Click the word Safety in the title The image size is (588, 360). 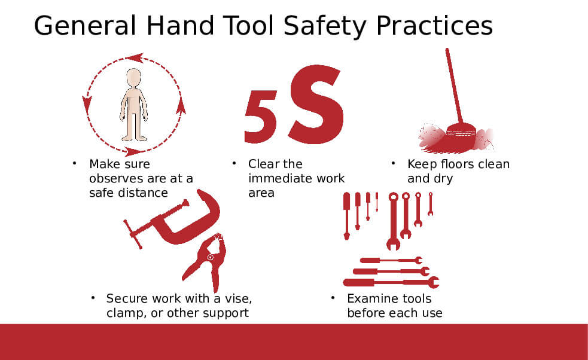325,26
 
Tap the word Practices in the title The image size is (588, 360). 434,26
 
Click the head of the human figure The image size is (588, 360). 133,78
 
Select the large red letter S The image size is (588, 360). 316,104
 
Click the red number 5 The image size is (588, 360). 261,117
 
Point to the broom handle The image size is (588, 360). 454,86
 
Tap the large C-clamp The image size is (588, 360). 172,219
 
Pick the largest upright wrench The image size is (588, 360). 393,221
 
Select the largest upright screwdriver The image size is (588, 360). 346,216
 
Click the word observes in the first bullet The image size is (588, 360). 118,178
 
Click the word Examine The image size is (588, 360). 371,298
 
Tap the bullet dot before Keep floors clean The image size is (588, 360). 393,163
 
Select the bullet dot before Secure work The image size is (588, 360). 93,298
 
